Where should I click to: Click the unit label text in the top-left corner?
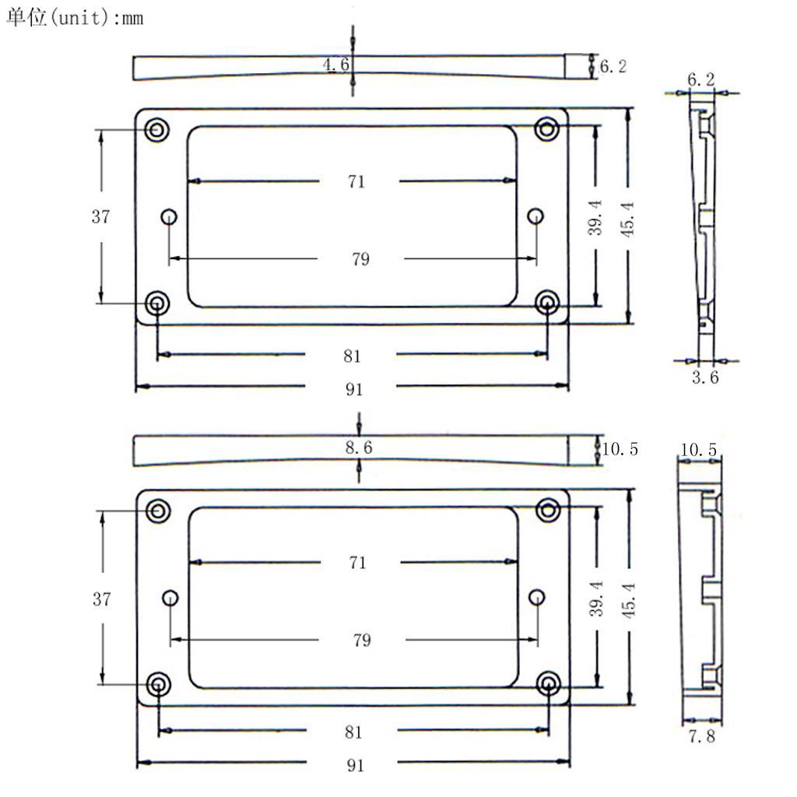point(75,17)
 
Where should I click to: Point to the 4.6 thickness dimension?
point(336,65)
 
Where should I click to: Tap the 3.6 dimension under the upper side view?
point(705,377)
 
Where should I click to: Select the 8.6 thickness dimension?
point(358,448)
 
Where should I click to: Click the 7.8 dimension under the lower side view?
point(701,736)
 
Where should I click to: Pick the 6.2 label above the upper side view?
point(701,79)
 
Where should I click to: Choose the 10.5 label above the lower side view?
point(698,450)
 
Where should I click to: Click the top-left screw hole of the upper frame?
point(158,130)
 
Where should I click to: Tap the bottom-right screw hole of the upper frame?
point(548,302)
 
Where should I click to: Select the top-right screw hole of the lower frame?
point(549,510)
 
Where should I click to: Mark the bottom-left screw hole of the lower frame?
point(159,683)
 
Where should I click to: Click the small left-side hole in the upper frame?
point(169,216)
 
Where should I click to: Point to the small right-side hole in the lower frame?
point(536,597)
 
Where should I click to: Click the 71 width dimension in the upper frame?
point(356,182)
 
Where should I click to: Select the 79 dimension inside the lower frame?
point(361,641)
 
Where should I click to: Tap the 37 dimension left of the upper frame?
point(101,217)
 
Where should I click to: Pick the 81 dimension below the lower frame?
point(353,732)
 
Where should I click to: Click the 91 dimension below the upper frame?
point(354,389)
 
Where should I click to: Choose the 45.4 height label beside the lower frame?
point(629,598)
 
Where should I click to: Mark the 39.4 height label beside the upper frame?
point(595,217)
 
